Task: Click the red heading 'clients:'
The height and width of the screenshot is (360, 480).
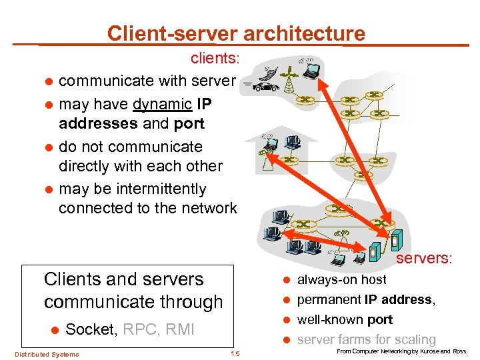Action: [215, 59]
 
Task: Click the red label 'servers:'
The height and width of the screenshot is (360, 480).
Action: [425, 259]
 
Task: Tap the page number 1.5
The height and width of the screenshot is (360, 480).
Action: [235, 353]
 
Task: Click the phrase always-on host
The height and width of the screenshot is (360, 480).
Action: [341, 280]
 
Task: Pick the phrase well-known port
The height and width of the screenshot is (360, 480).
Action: [345, 319]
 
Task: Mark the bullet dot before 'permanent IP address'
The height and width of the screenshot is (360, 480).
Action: [283, 300]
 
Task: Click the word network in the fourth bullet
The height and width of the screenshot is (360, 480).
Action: [207, 208]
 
